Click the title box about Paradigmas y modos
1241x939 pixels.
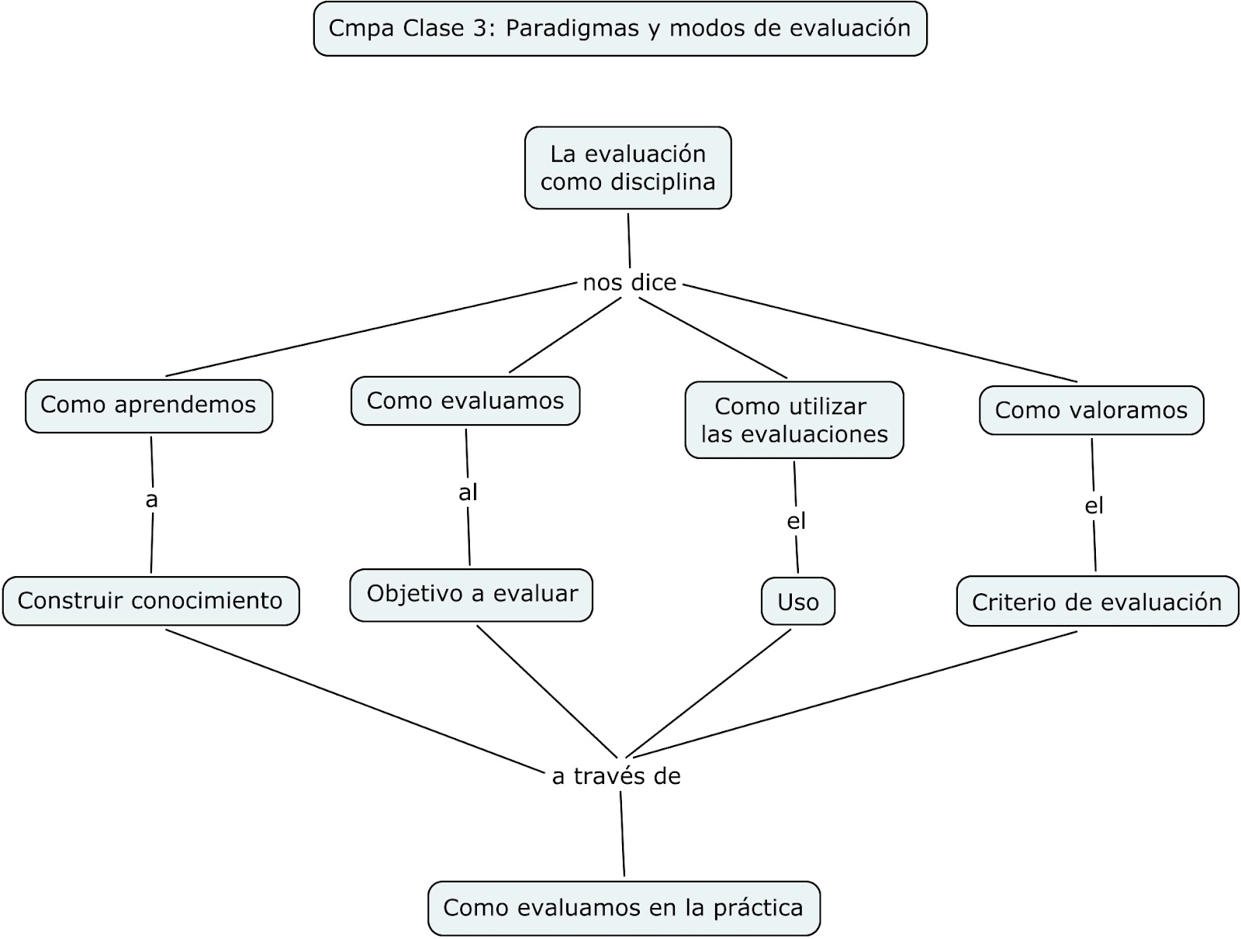pos(620,29)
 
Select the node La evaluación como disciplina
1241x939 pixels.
pos(627,167)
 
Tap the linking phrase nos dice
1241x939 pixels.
pos(629,283)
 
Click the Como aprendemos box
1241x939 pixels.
pos(148,405)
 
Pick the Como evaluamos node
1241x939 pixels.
pos(465,401)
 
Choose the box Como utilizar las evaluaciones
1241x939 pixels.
pos(793,419)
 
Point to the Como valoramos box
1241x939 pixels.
pos(1091,410)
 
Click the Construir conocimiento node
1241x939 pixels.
pos(150,601)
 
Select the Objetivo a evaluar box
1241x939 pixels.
pos(471,595)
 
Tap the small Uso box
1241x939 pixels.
pos(797,602)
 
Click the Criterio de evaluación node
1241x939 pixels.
pos(1097,602)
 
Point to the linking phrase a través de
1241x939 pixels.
pos(616,776)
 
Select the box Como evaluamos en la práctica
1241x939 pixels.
pos(623,908)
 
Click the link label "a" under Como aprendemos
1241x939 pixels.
pos(151,500)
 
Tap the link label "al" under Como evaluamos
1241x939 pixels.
pos(468,492)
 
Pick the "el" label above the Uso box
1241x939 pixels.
pos(797,521)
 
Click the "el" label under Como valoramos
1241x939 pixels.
pos(1094,506)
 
